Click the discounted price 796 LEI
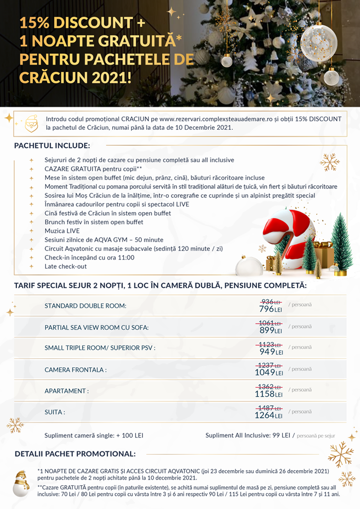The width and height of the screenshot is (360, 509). pos(270,309)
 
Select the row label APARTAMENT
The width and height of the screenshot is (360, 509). pos(67,391)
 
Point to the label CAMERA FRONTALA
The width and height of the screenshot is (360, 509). pos(76,370)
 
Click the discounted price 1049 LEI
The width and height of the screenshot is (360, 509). pos(269,372)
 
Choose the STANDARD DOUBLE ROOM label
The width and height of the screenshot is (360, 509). pos(86,306)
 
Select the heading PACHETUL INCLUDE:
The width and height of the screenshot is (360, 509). pos(52,146)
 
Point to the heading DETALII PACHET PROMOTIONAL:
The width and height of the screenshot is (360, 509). pos(75,454)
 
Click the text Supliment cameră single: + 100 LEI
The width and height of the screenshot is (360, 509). pos(93,435)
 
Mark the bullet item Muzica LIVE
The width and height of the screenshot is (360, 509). pos(62,231)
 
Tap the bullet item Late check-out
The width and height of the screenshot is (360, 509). pos(65,266)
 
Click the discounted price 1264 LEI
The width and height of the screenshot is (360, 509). pos(269,415)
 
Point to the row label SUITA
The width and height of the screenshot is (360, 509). pos(55,412)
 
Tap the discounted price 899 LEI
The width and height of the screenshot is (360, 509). pos(270,330)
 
